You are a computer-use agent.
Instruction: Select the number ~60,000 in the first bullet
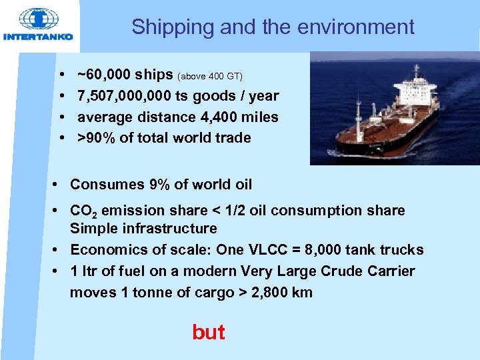(105, 74)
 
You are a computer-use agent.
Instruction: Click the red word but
(208, 332)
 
